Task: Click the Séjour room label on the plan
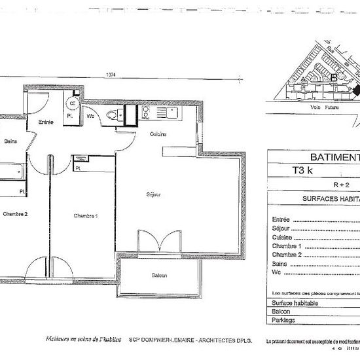[x=154, y=194]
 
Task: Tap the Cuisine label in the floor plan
[x=158, y=134]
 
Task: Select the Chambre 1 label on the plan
[x=85, y=216]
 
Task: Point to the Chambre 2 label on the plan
[x=15, y=214]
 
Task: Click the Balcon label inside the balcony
[x=160, y=276]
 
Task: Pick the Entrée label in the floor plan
[x=46, y=122]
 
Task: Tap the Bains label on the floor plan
[x=10, y=141]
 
